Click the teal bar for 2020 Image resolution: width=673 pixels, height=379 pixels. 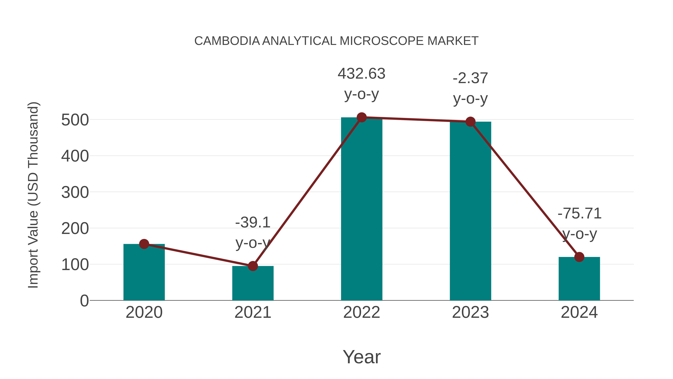(x=144, y=273)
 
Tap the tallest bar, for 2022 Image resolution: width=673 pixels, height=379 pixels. (x=362, y=209)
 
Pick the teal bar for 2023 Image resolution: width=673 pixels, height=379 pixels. (x=470, y=212)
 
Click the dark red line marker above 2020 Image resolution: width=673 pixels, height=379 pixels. (x=144, y=244)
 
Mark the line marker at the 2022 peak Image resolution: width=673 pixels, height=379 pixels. (x=362, y=117)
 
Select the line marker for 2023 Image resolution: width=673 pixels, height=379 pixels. (x=470, y=122)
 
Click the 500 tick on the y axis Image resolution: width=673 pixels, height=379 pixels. (x=75, y=120)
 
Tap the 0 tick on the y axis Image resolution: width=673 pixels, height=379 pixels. (x=84, y=301)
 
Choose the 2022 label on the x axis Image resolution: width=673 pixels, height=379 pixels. (x=362, y=312)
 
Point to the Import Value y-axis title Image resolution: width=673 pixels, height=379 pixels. (x=33, y=195)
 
